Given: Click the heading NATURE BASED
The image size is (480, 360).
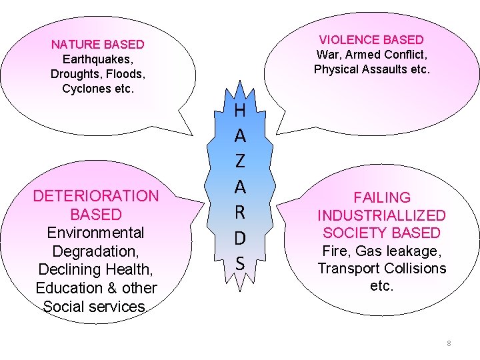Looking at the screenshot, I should (x=97, y=45).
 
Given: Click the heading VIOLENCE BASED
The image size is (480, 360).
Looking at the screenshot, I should (x=371, y=40).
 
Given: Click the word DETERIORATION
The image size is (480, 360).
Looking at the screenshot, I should (x=96, y=196).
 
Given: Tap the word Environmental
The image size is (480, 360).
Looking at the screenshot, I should (x=95, y=233).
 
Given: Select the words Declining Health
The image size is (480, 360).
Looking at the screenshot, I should (x=97, y=269).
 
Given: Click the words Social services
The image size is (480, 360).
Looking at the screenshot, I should (x=94, y=307).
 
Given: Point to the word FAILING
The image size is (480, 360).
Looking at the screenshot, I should (x=382, y=197).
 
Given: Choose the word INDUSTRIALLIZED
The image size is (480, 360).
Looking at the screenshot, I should (x=381, y=215).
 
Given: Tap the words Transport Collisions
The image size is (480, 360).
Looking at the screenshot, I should (x=382, y=269).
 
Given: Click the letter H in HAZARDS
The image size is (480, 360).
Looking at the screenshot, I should (x=241, y=110).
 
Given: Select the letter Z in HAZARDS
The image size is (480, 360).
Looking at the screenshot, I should (x=241, y=162).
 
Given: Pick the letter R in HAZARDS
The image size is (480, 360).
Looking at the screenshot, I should (x=241, y=213).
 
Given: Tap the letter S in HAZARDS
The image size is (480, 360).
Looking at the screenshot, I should (x=241, y=264).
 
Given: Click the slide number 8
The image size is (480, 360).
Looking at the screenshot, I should (x=449, y=343).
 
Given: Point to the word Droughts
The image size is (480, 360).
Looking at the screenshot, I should (x=75, y=74).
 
